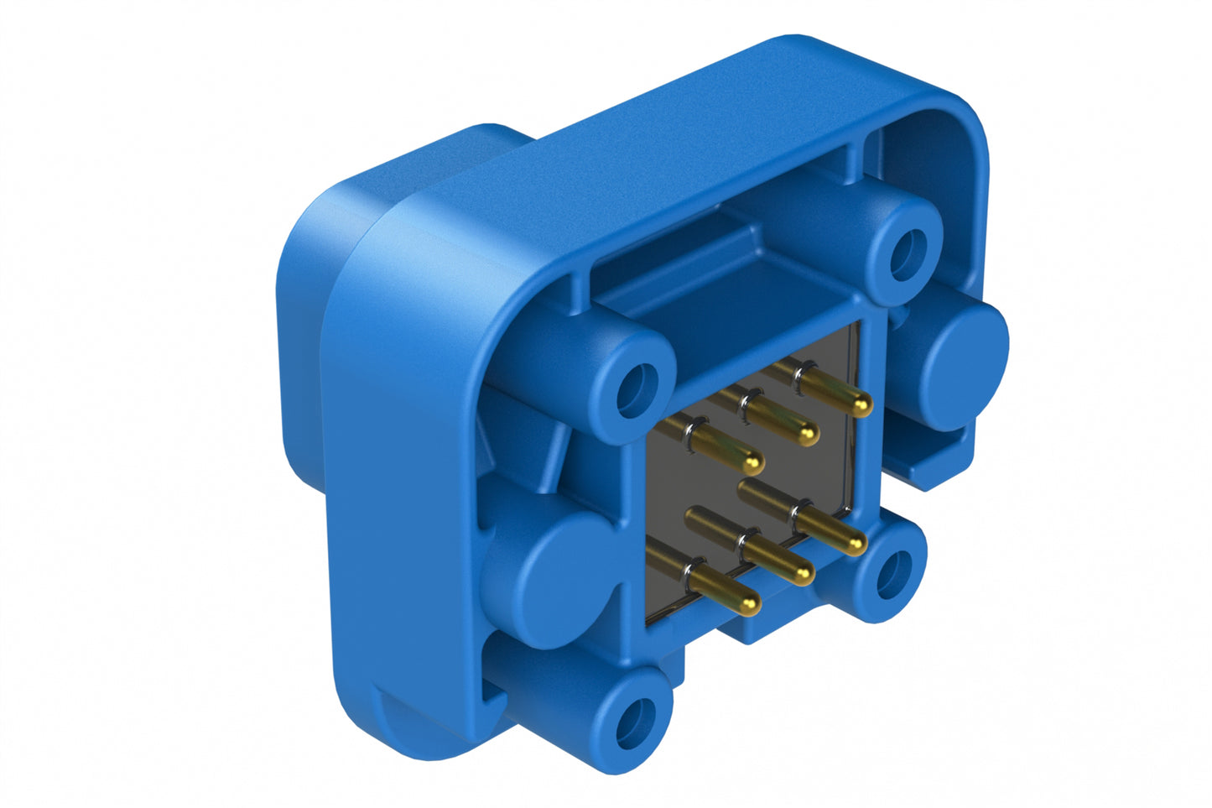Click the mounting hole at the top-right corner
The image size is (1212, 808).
907,253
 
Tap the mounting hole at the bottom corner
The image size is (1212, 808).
635,722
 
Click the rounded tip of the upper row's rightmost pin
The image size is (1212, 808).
863,406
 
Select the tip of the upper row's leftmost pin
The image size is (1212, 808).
754,461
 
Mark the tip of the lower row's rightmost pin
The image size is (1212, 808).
855,545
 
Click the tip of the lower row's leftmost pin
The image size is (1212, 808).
751,603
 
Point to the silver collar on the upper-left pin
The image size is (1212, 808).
689,435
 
